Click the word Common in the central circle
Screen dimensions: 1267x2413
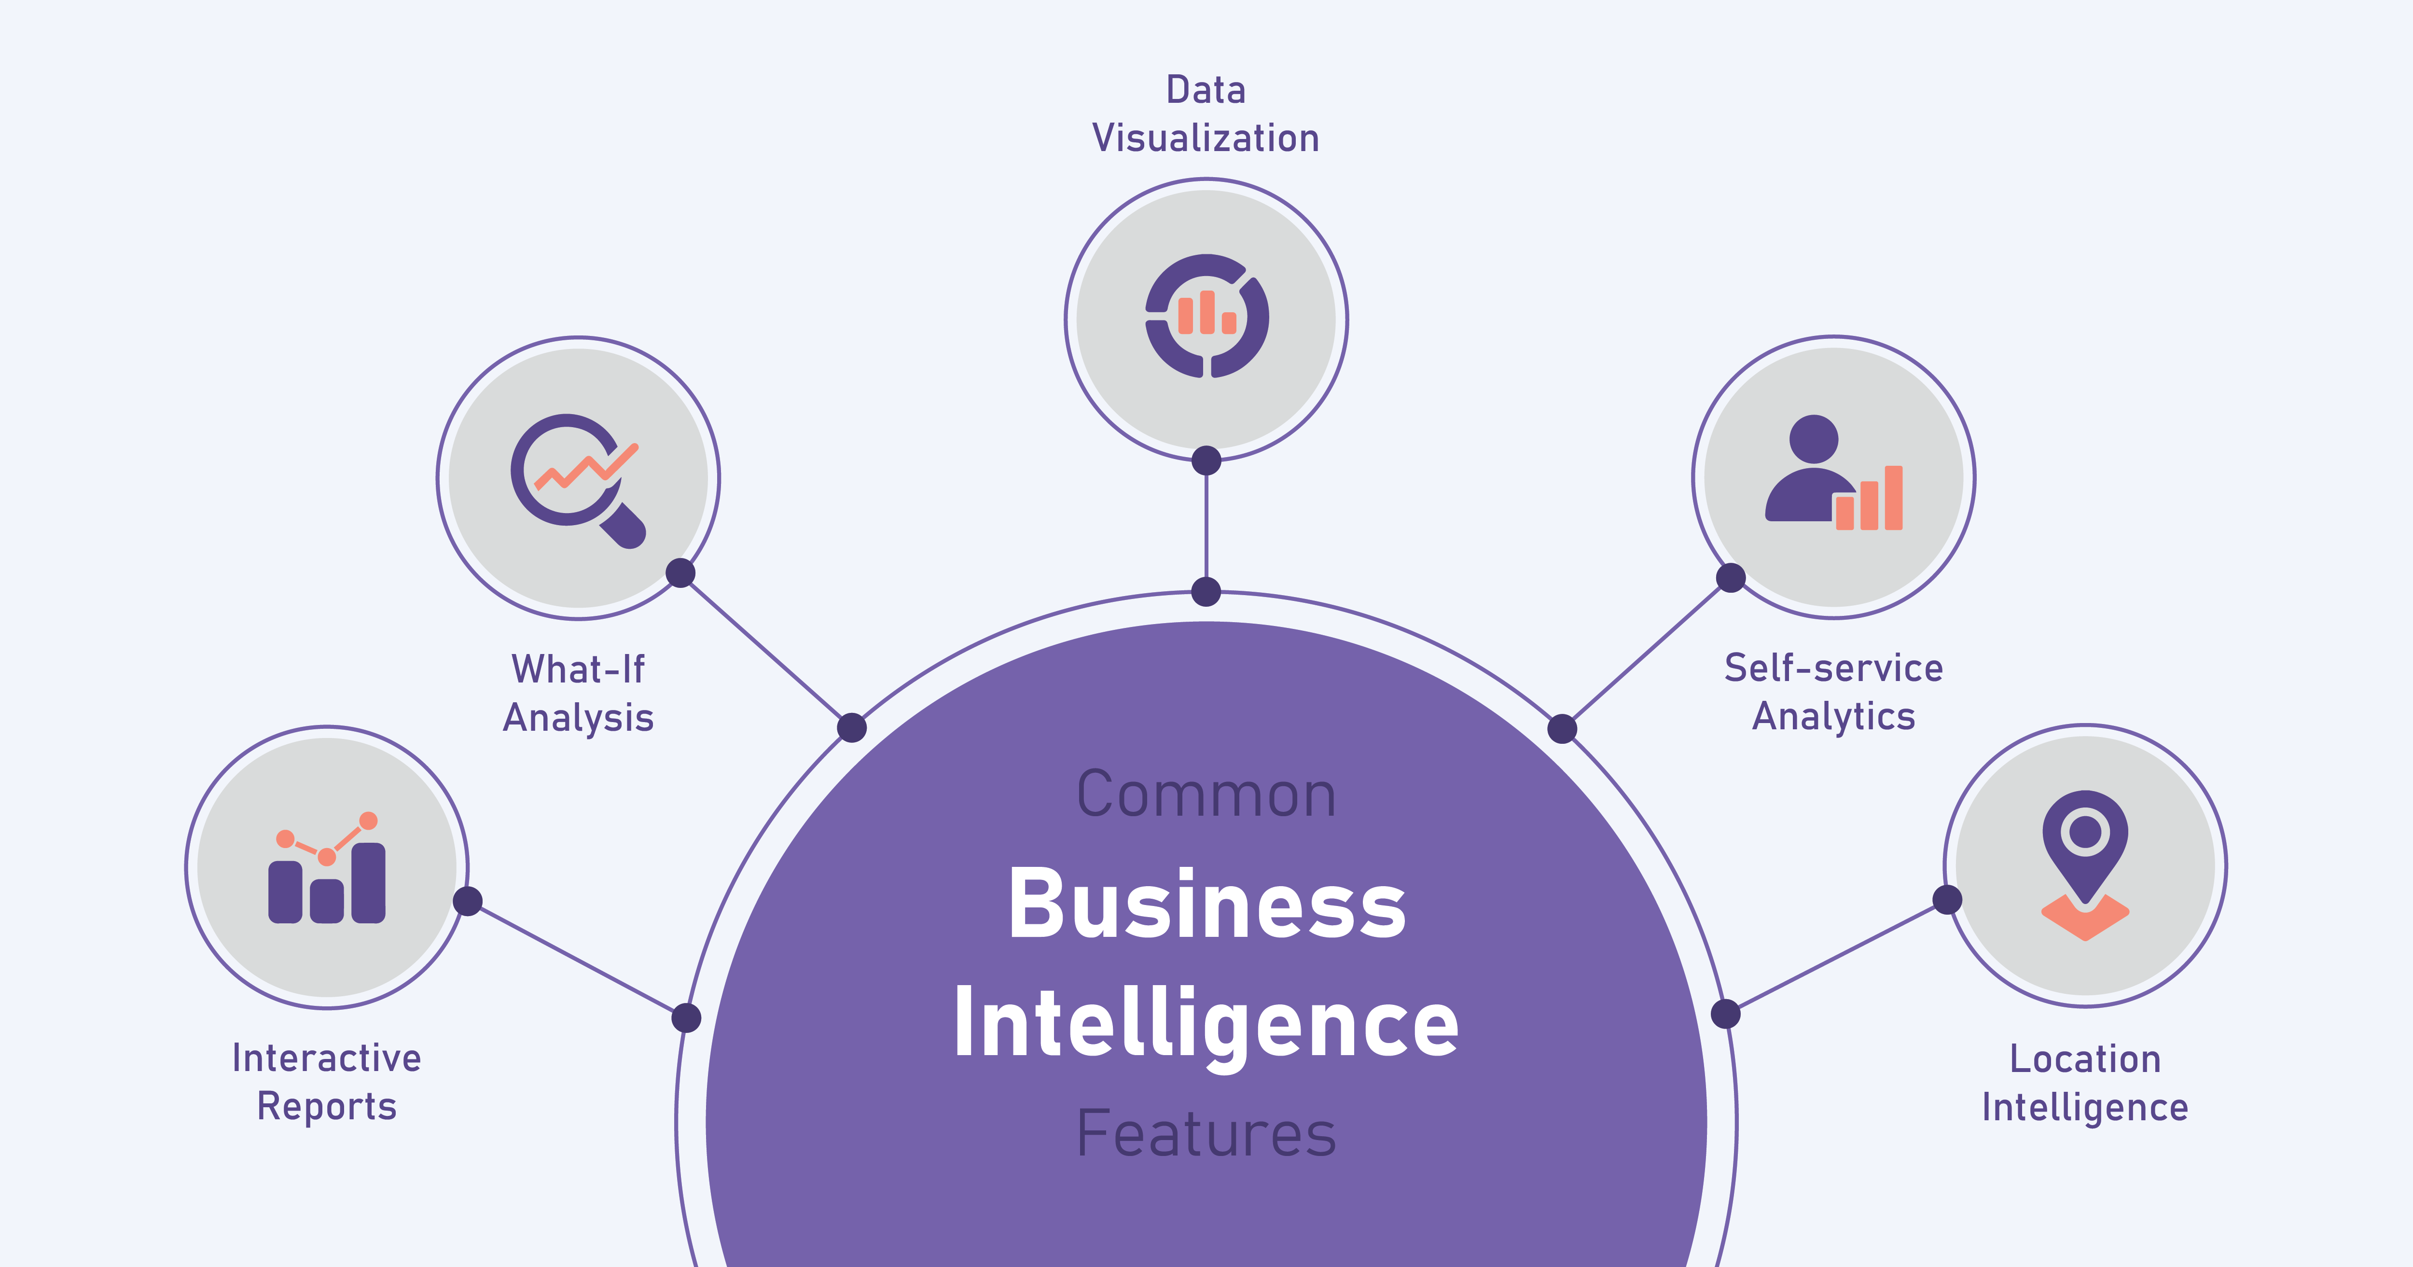point(1206,794)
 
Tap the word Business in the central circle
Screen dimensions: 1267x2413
point(1206,905)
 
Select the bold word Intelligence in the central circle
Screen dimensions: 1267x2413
point(1206,1023)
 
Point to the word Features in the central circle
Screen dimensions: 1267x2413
point(1206,1134)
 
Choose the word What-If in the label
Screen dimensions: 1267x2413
point(578,669)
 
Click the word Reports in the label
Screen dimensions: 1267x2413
point(327,1107)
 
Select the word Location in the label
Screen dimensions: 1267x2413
point(2085,1059)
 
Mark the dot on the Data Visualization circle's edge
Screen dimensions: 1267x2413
point(1206,460)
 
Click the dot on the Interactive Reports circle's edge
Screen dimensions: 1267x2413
point(468,902)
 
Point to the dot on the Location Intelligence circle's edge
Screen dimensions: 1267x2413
point(1947,900)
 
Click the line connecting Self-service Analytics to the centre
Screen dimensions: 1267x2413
point(1646,653)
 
